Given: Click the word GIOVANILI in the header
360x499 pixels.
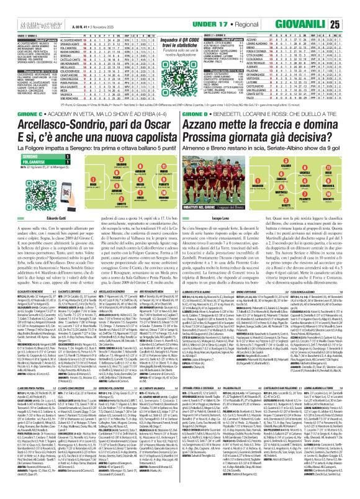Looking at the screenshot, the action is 317,7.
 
